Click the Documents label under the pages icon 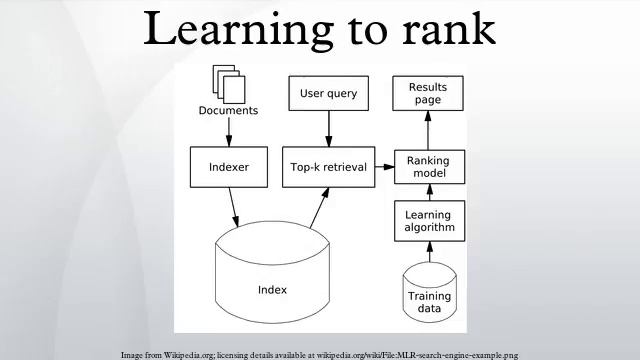tap(228, 110)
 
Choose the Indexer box tap(228, 167)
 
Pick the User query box tap(328, 94)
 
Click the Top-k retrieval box tap(328, 167)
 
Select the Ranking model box tap(428, 167)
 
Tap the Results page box tap(428, 94)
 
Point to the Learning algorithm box tap(428, 222)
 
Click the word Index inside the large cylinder tap(272, 290)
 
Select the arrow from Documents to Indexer tap(228, 131)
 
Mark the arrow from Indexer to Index tap(235, 205)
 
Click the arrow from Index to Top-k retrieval tap(318, 208)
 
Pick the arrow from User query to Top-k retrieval tap(328, 129)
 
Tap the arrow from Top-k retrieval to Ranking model tap(382, 167)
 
